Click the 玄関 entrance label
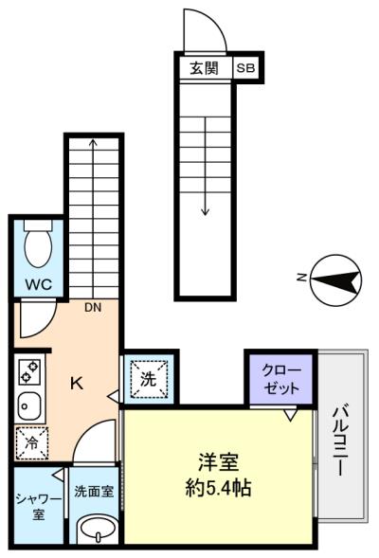click(x=204, y=68)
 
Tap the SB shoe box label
click(x=246, y=67)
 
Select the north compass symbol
click(x=336, y=280)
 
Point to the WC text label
click(x=39, y=284)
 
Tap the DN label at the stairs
click(x=93, y=308)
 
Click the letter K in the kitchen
click(x=77, y=384)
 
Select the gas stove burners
click(x=30, y=371)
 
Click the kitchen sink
click(x=29, y=406)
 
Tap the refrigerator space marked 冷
click(x=31, y=442)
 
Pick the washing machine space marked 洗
click(x=149, y=379)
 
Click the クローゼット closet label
click(x=281, y=379)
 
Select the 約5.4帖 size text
click(x=218, y=488)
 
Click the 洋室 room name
click(x=219, y=462)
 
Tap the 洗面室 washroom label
click(x=94, y=492)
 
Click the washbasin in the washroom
click(x=98, y=530)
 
